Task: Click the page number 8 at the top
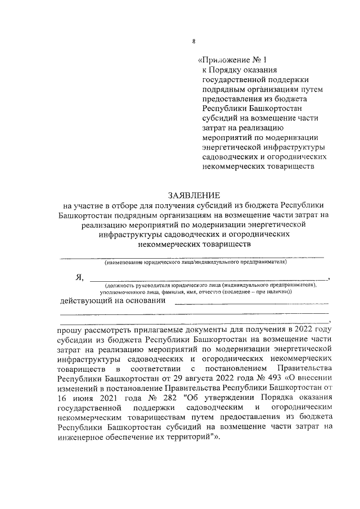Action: click(193, 40)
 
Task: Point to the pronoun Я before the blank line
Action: click(79, 278)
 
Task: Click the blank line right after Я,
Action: click(208, 279)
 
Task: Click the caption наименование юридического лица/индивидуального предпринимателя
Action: click(195, 262)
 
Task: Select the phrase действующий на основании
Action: click(112, 300)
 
